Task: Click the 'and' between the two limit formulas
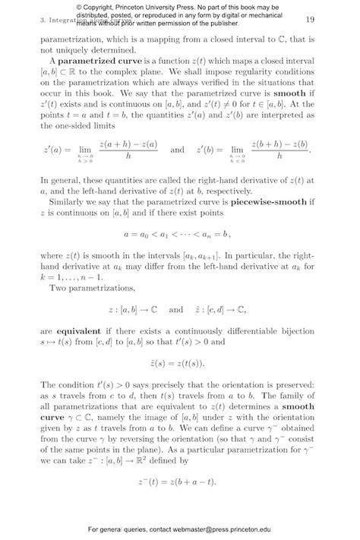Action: [177, 150]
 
